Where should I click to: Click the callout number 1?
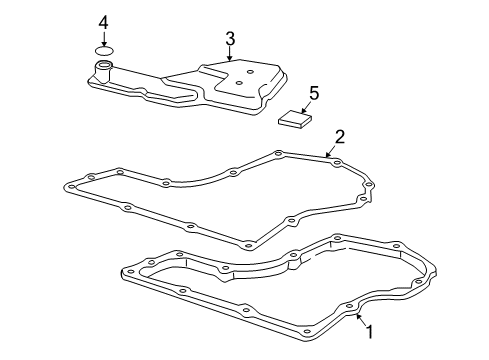(x=369, y=331)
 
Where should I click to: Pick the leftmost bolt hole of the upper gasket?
(x=69, y=185)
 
